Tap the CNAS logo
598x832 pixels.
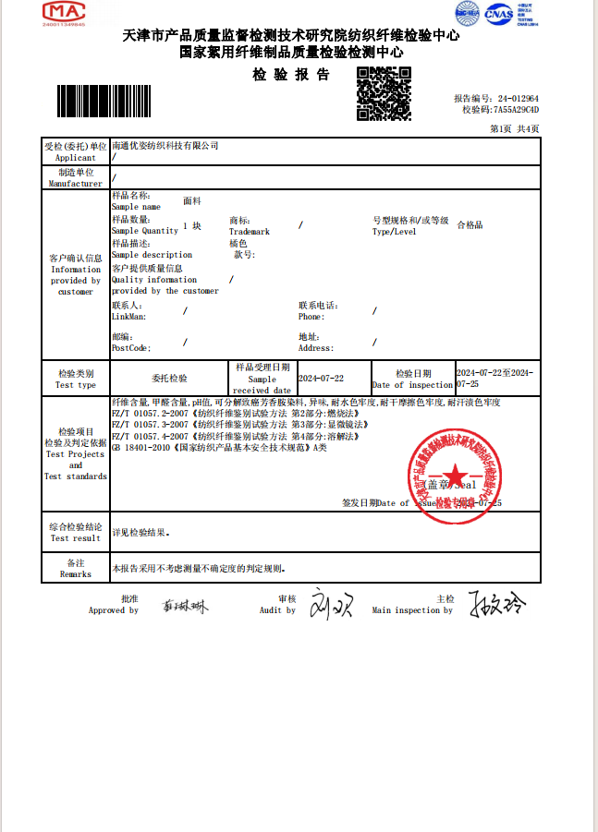pyautogui.click(x=498, y=14)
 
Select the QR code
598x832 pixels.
pyautogui.click(x=384, y=94)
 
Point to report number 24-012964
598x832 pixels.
pyautogui.click(x=517, y=98)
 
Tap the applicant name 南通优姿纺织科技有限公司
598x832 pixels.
pyautogui.click(x=165, y=146)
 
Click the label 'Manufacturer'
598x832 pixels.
pyautogui.click(x=76, y=184)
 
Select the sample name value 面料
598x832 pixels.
pyautogui.click(x=192, y=199)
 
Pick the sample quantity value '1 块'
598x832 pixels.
pyautogui.click(x=192, y=225)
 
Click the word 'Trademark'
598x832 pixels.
pyautogui.click(x=250, y=232)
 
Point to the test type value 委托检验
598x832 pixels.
pyautogui.click(x=169, y=379)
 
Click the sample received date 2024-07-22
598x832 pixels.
pyautogui.click(x=321, y=379)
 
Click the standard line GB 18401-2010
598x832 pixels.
pyautogui.click(x=219, y=447)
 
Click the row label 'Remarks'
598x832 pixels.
pyautogui.click(x=76, y=573)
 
